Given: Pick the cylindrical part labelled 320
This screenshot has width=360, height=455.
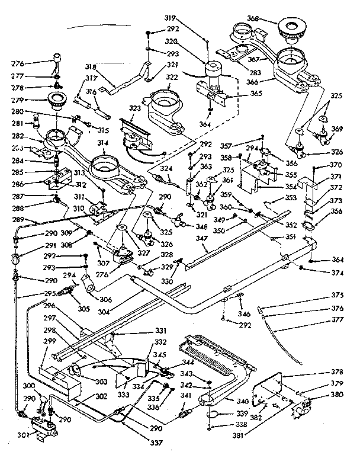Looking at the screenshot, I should (212, 74).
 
